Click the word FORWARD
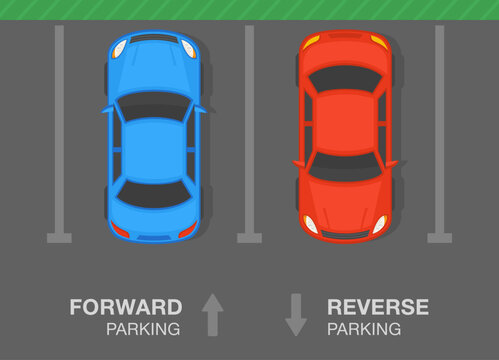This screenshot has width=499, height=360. click(x=125, y=307)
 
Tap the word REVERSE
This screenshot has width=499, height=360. click(x=378, y=307)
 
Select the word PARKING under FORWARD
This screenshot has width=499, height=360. click(x=145, y=328)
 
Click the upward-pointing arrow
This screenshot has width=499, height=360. click(x=211, y=314)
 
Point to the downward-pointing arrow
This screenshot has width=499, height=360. click(x=295, y=314)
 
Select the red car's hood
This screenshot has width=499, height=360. click(x=346, y=205)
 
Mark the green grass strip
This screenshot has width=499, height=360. click(x=249, y=9)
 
